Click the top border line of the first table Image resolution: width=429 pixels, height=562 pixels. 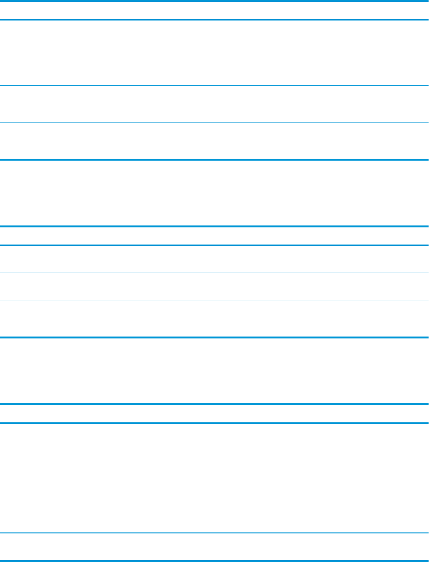[x=214, y=1]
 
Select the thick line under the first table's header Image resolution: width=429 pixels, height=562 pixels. [x=214, y=20]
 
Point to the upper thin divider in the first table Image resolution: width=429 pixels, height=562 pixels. [x=214, y=85]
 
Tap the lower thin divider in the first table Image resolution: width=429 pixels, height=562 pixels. [x=214, y=123]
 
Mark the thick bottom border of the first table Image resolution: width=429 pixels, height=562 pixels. [x=214, y=160]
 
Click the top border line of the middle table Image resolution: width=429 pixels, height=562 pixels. [x=214, y=226]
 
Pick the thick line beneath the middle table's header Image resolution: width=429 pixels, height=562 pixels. [x=214, y=245]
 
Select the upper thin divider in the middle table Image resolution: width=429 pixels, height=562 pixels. [x=214, y=273]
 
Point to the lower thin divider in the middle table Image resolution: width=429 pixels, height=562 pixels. [x=214, y=300]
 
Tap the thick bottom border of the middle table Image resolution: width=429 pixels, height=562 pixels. [x=214, y=337]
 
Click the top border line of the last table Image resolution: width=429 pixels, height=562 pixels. [x=214, y=404]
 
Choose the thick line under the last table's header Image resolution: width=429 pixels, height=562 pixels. [x=214, y=423]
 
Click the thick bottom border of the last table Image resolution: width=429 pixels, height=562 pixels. [x=214, y=561]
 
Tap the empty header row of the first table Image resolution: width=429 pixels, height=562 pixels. [x=214, y=10]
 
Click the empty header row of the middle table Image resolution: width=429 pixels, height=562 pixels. [x=214, y=236]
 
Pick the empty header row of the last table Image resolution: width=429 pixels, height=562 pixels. [x=214, y=414]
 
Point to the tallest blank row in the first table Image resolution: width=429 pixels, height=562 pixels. [x=214, y=53]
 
